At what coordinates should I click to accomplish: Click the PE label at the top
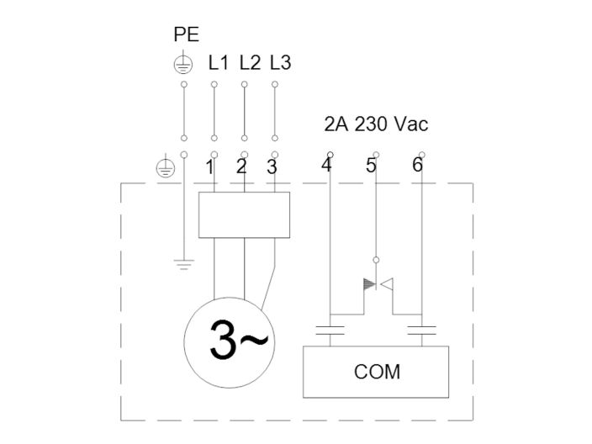click(x=186, y=35)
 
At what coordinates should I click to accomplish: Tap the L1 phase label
click(x=218, y=63)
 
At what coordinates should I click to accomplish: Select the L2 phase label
click(x=249, y=63)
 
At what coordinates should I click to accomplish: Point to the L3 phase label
click(x=280, y=63)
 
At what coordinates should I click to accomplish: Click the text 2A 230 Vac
click(x=376, y=124)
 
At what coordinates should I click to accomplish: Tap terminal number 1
click(x=209, y=166)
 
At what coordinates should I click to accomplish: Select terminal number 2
click(x=241, y=166)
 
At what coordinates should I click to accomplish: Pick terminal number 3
click(x=272, y=166)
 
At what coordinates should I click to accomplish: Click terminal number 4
click(x=326, y=165)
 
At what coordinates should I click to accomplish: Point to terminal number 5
click(x=371, y=166)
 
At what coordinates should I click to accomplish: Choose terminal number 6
click(x=417, y=165)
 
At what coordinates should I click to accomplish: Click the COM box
click(x=375, y=371)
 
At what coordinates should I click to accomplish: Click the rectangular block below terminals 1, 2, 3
click(x=244, y=214)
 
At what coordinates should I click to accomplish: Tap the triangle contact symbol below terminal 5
click(x=376, y=284)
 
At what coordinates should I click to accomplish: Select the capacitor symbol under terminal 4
click(x=331, y=330)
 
